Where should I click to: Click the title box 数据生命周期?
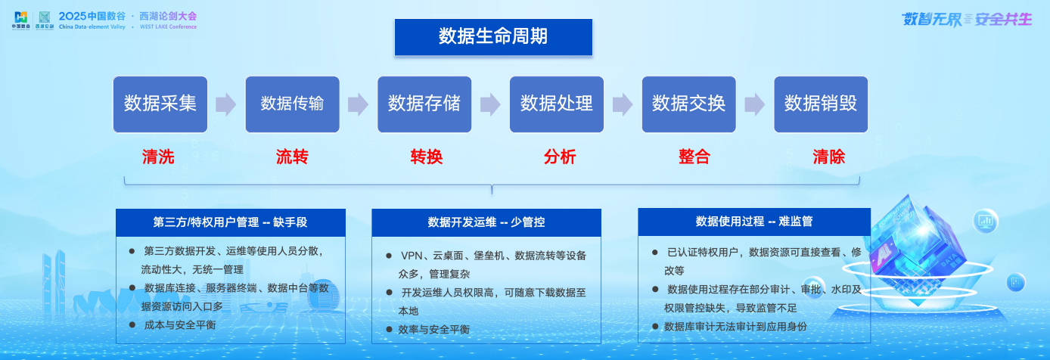(493, 37)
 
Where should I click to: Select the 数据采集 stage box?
(160, 104)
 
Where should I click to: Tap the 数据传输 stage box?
(293, 104)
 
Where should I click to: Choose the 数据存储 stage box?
(424, 104)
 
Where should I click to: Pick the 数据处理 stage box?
(557, 104)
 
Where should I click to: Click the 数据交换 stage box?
(688, 104)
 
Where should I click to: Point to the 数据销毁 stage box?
(821, 104)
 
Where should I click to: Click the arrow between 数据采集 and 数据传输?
(226, 104)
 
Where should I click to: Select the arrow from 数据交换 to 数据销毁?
(754, 104)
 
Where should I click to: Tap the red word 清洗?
(158, 157)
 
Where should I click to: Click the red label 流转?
(292, 157)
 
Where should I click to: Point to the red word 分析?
(560, 157)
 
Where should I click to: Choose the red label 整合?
(694, 157)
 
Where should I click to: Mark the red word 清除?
(829, 157)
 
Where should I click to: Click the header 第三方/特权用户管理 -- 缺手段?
(231, 222)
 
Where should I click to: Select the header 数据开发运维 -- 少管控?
(486, 222)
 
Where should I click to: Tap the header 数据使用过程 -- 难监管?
(754, 222)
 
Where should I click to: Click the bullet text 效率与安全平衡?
(438, 330)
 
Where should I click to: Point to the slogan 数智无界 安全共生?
(966, 20)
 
